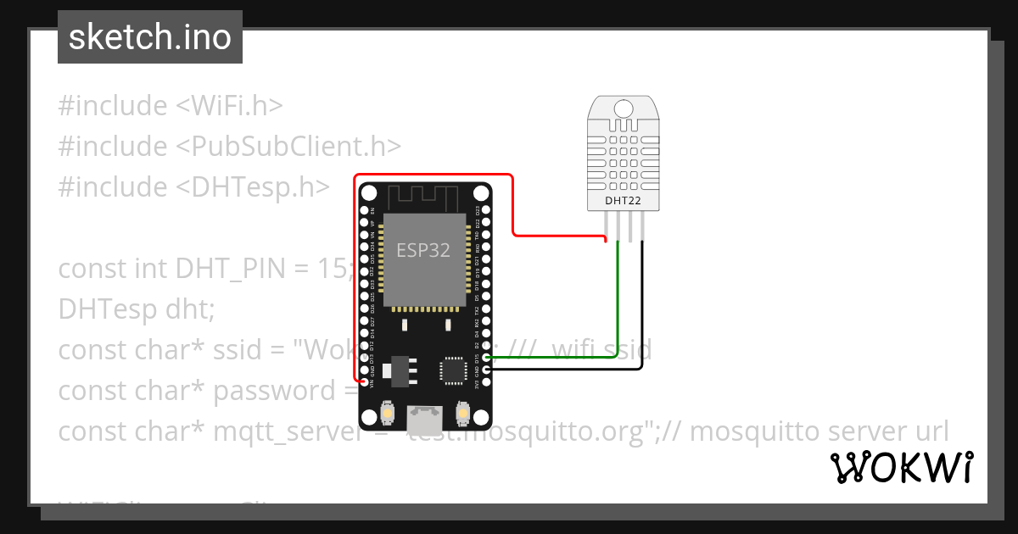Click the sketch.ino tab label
coord(150,37)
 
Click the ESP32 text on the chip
coord(423,250)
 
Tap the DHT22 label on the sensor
coord(624,202)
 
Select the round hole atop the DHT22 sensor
coord(624,108)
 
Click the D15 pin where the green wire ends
coord(485,359)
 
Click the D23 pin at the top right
coord(485,209)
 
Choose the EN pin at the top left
coord(364,209)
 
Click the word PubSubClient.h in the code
coord(288,146)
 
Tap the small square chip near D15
coord(452,370)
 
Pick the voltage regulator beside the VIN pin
coord(388,370)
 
